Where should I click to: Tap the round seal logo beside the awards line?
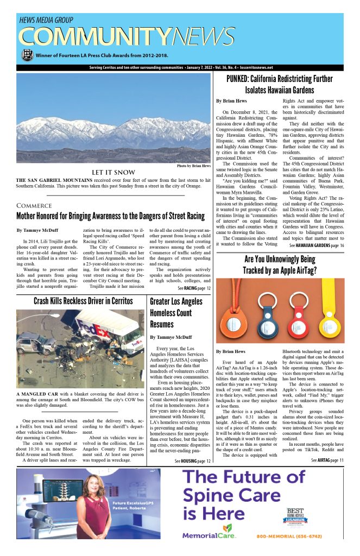tap(27, 55)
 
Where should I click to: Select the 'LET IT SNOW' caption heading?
tap(113, 173)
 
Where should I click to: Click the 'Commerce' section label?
tap(34, 206)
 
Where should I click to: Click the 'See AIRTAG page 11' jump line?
tap(327, 460)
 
